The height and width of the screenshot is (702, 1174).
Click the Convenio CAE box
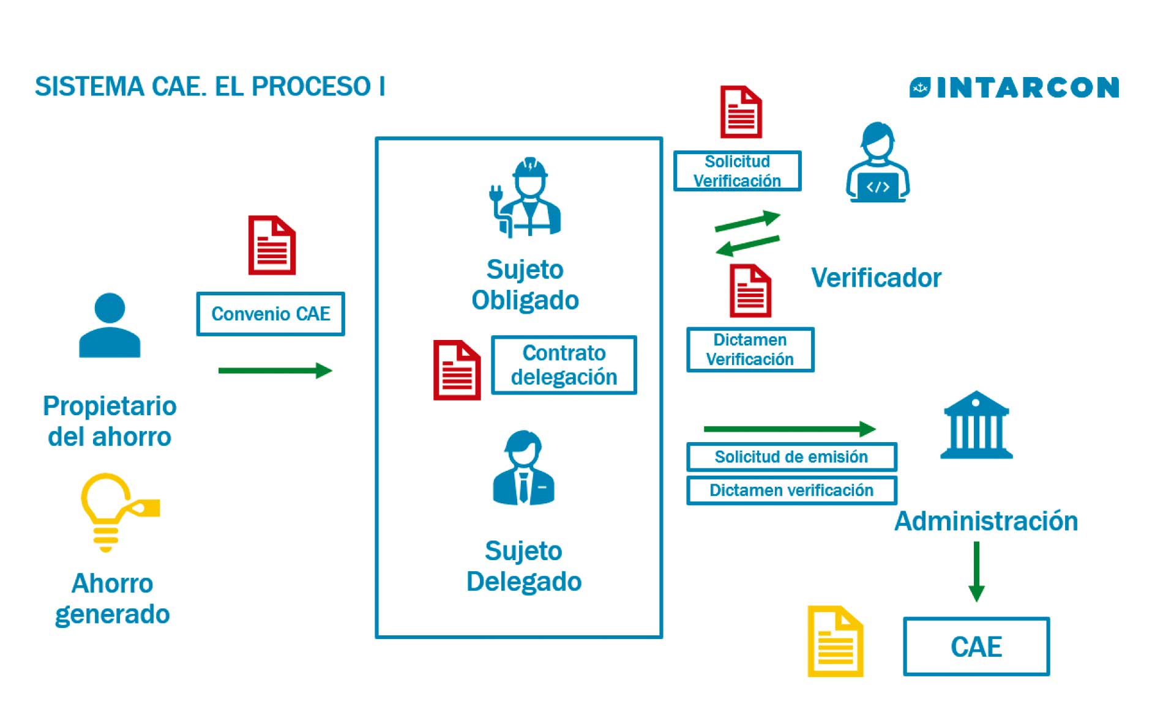pyautogui.click(x=270, y=314)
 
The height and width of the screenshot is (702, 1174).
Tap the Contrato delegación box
pyautogui.click(x=564, y=365)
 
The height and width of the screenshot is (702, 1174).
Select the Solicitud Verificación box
pyautogui.click(x=737, y=171)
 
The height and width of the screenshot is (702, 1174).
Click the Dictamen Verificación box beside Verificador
pyautogui.click(x=750, y=350)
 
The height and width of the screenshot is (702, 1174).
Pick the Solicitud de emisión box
pyautogui.click(x=791, y=457)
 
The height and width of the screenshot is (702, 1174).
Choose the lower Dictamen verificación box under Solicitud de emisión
pyautogui.click(x=791, y=490)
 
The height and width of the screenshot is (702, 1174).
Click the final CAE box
pyautogui.click(x=976, y=646)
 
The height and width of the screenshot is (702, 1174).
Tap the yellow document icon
pyautogui.click(x=835, y=641)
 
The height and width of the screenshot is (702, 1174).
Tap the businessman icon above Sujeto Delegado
pyautogui.click(x=523, y=468)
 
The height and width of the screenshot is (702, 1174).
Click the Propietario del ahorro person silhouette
pyautogui.click(x=110, y=325)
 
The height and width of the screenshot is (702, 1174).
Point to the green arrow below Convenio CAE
pyautogui.click(x=275, y=371)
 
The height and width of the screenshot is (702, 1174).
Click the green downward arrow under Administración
pyautogui.click(x=976, y=572)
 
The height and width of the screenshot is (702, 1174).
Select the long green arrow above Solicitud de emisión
pyautogui.click(x=790, y=429)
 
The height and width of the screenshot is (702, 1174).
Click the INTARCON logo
pyautogui.click(x=1014, y=87)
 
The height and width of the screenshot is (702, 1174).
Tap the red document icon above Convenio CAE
pyautogui.click(x=272, y=245)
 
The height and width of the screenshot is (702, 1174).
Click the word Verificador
pyautogui.click(x=876, y=278)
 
